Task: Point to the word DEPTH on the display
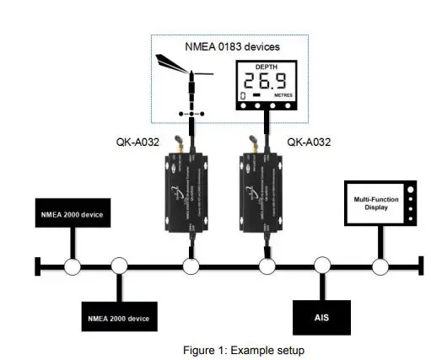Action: coord(267,66)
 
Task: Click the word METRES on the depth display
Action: coord(284,95)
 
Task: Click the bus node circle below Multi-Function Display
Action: coord(380,267)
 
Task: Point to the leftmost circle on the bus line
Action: coord(73,267)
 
